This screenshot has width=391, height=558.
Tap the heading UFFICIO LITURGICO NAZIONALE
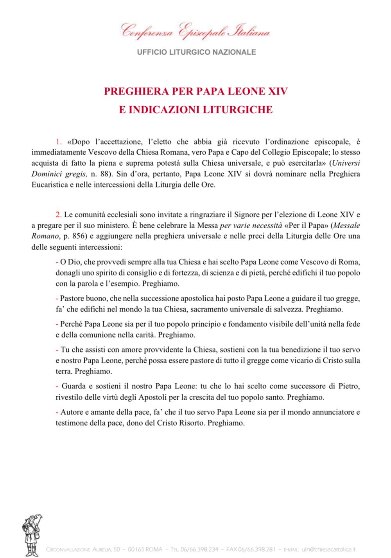point(196,52)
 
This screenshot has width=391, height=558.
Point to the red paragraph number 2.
point(59,215)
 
